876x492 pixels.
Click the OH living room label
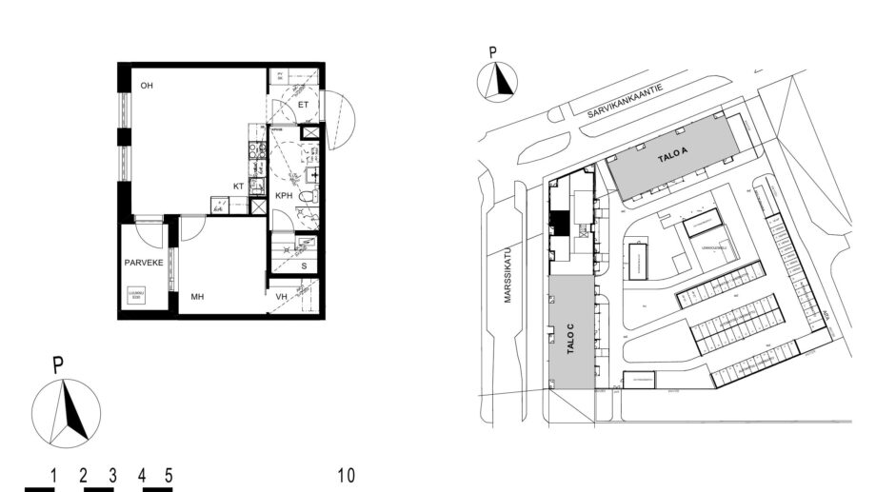(147, 87)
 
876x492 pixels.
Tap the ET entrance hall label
(303, 104)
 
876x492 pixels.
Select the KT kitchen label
(239, 187)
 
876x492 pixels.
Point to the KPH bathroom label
(284, 195)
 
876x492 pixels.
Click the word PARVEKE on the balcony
(143, 262)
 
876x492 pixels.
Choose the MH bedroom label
(197, 298)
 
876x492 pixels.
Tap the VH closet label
(282, 298)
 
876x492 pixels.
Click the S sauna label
(304, 266)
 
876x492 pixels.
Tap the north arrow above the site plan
(497, 81)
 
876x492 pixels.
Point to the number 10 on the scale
(346, 475)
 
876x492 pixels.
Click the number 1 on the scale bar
(55, 475)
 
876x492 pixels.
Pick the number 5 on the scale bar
(169, 475)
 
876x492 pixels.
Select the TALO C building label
(570, 337)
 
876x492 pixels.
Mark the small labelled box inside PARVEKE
(136, 296)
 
